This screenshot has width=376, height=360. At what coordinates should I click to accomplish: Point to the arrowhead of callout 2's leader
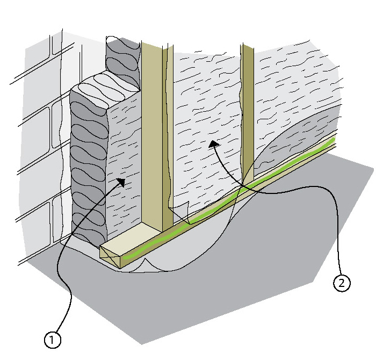tap(214, 142)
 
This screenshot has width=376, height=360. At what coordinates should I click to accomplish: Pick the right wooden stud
tap(248, 107)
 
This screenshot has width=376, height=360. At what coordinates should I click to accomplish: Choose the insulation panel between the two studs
tap(204, 107)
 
